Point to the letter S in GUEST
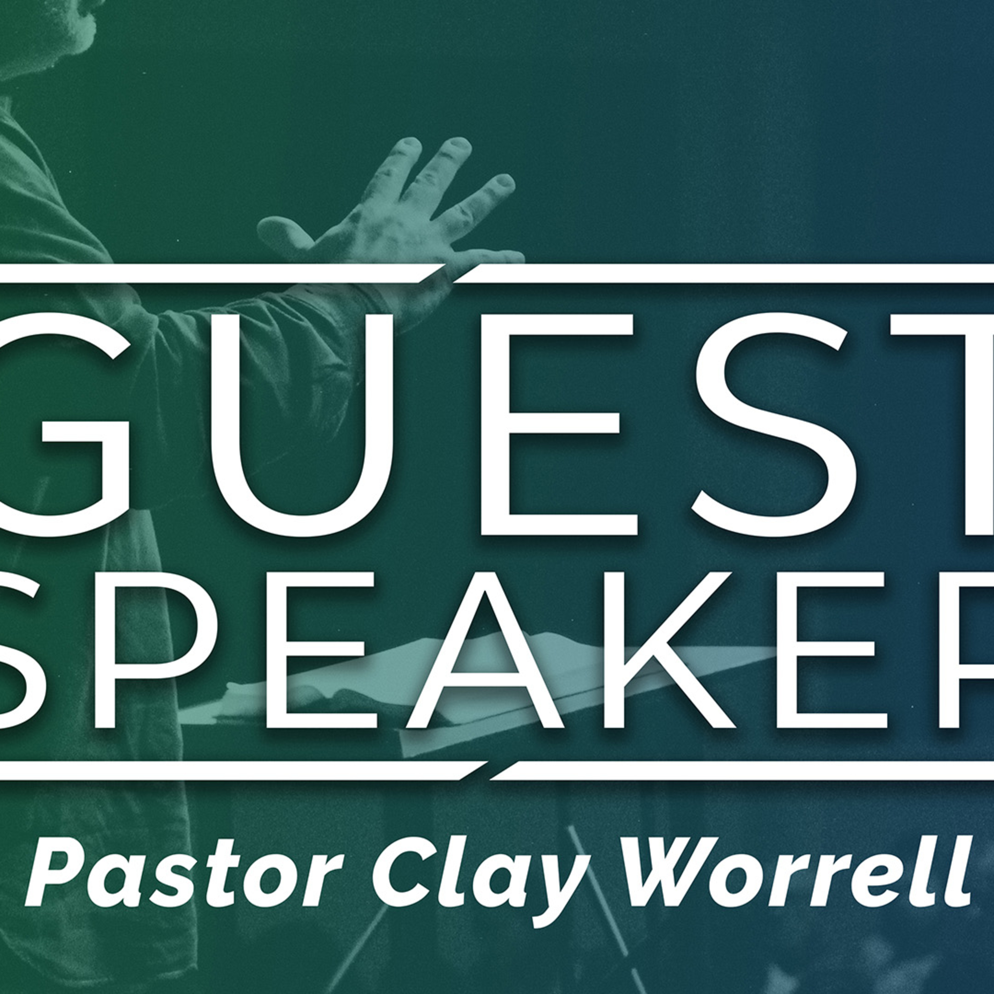(x=772, y=424)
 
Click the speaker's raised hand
(x=391, y=226)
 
